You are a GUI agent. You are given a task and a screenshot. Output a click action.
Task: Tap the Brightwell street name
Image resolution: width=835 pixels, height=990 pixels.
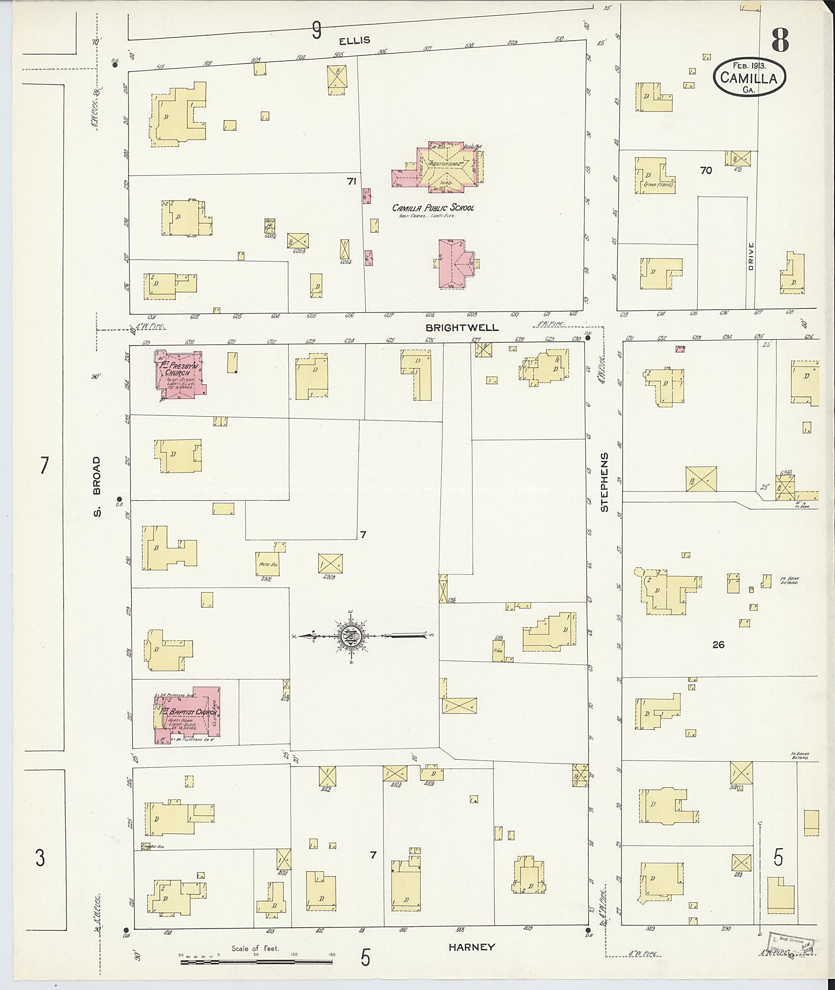point(462,327)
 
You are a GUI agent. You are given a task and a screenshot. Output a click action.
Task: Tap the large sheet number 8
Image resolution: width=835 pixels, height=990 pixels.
point(780,41)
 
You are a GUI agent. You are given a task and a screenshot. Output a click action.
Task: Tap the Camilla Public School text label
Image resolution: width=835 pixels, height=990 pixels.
point(432,207)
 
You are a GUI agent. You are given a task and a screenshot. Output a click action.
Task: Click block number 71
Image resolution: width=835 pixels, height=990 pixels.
point(351,181)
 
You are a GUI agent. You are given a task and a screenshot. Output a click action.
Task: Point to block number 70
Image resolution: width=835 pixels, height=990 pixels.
point(705,170)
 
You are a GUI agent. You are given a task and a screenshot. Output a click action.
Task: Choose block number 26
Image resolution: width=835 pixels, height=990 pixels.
point(718,644)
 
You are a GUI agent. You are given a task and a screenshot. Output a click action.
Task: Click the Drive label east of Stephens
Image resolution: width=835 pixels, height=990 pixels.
point(751,257)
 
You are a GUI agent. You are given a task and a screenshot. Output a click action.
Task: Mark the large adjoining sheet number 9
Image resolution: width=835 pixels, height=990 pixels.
point(316,31)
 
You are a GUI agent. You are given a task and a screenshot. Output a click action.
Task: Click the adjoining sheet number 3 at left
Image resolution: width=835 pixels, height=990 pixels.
point(41,858)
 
